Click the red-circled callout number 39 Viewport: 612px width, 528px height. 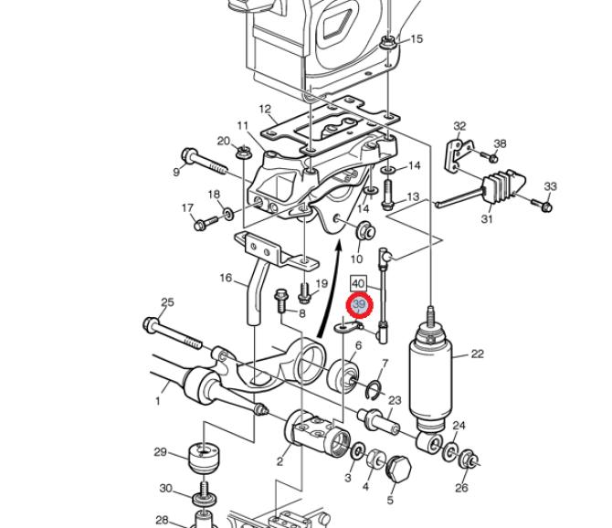(359, 305)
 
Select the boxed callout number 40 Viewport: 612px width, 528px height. (358, 284)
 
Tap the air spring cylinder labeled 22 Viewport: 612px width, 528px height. (429, 375)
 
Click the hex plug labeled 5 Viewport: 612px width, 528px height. (398, 469)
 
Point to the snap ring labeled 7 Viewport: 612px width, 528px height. (375, 391)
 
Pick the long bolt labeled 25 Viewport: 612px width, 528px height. (174, 334)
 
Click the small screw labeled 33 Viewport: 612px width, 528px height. (542, 205)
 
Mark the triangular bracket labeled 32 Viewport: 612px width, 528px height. (459, 154)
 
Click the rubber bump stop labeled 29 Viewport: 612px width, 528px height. (203, 459)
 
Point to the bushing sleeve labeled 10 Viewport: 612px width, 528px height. (365, 230)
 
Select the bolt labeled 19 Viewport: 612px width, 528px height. (304, 293)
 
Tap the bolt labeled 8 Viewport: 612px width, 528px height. (281, 301)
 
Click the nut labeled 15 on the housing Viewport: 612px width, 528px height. (388, 43)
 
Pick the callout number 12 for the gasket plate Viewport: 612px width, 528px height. (265, 109)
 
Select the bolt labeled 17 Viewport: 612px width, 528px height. (206, 223)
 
